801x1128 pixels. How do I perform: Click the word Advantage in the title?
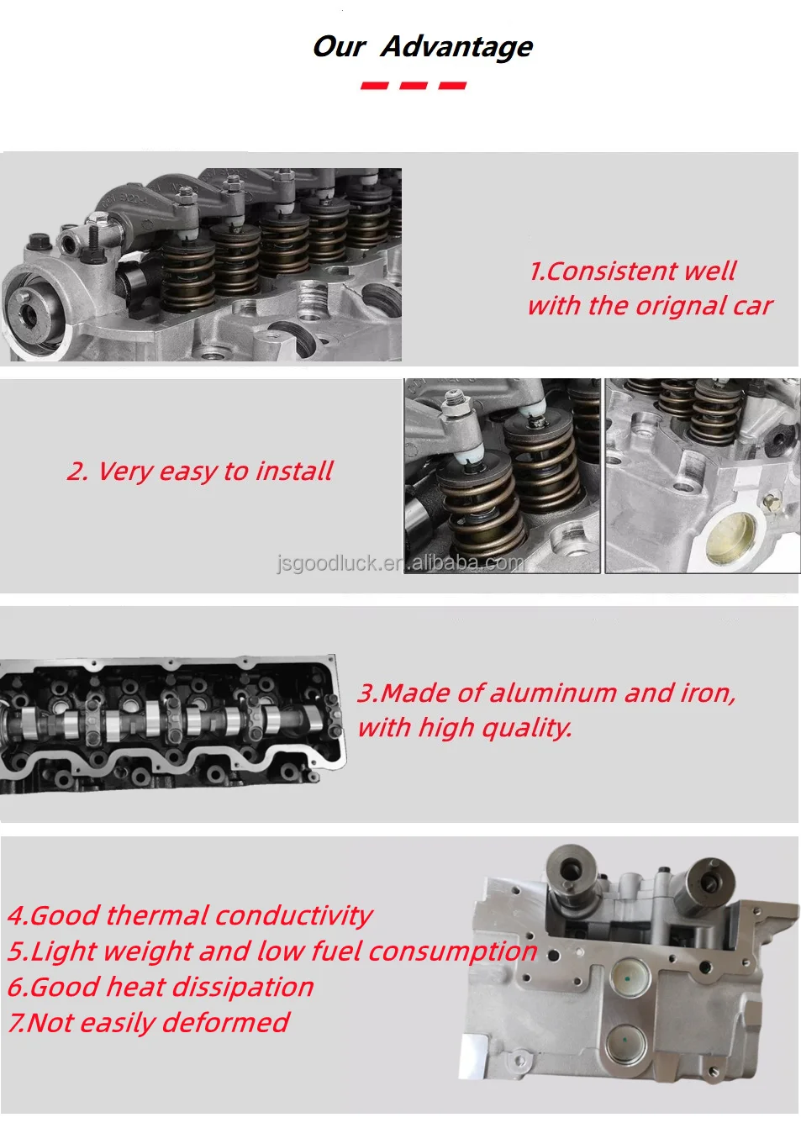tap(456, 47)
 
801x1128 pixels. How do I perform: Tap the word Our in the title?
tap(339, 46)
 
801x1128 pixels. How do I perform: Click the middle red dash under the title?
tap(414, 86)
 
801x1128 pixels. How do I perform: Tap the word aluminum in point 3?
tap(552, 693)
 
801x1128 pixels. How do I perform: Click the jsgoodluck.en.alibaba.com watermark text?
tap(400, 562)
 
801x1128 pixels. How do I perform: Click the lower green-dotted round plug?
tap(625, 1042)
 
